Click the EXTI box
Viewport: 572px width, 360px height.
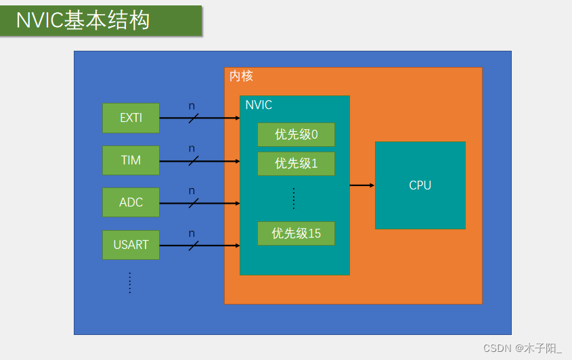click(x=131, y=118)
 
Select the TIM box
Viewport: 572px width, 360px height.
click(x=131, y=160)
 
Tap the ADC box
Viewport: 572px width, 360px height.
click(x=131, y=202)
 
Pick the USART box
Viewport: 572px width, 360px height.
click(x=131, y=245)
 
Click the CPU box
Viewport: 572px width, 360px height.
click(x=420, y=185)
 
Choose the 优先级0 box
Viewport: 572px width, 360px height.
click(x=296, y=135)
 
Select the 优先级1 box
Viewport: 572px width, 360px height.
click(x=296, y=164)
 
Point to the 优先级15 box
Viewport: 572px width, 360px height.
click(x=296, y=233)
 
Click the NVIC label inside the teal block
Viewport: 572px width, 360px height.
click(x=259, y=106)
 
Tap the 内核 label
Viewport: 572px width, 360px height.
click(x=241, y=76)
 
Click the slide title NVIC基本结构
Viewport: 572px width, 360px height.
click(x=83, y=21)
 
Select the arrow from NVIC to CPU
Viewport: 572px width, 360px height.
click(x=362, y=185)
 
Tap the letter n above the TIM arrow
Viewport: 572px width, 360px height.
click(x=192, y=148)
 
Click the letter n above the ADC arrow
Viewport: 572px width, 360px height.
click(x=192, y=191)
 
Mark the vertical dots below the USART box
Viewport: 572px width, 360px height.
click(x=130, y=283)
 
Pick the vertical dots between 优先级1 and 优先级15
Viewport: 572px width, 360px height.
click(x=294, y=198)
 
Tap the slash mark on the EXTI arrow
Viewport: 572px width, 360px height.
click(x=193, y=118)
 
